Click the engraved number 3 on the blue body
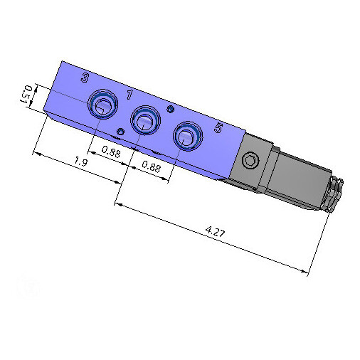click(x=85, y=78)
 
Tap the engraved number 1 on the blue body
click(x=129, y=95)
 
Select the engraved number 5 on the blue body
click(x=218, y=128)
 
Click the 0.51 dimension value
click(x=26, y=94)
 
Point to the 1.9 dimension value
click(x=81, y=162)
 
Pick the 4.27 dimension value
click(x=215, y=232)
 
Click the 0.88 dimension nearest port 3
click(x=111, y=152)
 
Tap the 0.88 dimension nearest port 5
click(x=152, y=166)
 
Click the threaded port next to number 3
click(x=102, y=105)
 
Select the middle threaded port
click(x=145, y=120)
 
